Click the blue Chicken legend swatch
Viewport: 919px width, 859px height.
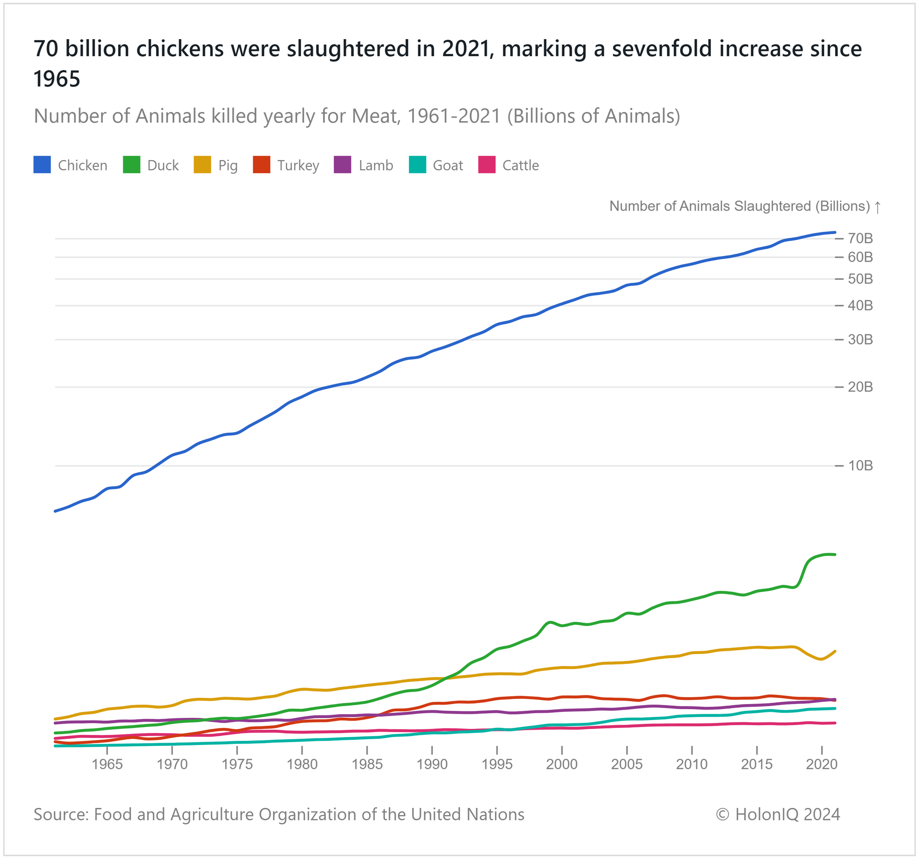(42, 165)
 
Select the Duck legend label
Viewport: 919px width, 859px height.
(163, 166)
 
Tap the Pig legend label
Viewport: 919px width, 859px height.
(228, 166)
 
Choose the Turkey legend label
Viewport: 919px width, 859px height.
(298, 166)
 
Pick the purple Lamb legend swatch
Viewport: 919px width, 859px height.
(342, 165)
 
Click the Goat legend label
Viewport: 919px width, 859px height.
(448, 166)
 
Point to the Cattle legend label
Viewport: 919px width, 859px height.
(521, 166)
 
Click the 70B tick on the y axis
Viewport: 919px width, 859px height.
(860, 239)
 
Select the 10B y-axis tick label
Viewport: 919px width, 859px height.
(860, 466)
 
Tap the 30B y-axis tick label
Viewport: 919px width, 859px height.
(860, 340)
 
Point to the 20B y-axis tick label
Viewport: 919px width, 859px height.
(860, 387)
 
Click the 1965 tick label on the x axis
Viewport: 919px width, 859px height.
(107, 764)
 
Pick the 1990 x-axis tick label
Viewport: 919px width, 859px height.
(432, 764)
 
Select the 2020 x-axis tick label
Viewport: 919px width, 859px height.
(822, 764)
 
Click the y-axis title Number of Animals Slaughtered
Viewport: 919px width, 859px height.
(740, 206)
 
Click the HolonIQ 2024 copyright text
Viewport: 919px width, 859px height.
(777, 814)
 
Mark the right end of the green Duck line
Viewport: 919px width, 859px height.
(834, 555)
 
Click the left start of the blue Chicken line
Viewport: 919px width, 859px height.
(56, 511)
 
